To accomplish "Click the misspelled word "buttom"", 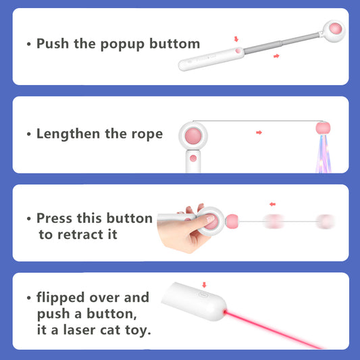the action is [175, 43].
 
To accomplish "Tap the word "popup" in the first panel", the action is [122, 45].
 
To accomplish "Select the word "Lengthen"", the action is [68, 134].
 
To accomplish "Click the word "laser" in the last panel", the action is [79, 330].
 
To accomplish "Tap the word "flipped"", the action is [61, 299].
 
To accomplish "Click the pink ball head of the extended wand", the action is [336, 28].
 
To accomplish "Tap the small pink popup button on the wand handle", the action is [238, 51].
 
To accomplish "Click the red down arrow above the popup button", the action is [236, 39].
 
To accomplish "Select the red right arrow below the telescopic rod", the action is [276, 56].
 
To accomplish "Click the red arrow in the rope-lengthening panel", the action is [259, 132].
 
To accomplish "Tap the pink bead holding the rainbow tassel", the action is [323, 128].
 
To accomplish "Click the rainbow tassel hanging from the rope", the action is [324, 154].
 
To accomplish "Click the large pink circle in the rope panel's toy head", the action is [193, 136].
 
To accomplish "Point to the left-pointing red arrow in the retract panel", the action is [272, 204].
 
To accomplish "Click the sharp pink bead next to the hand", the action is [232, 222].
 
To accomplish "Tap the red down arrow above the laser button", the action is [204, 285].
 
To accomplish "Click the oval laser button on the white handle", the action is [203, 294].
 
